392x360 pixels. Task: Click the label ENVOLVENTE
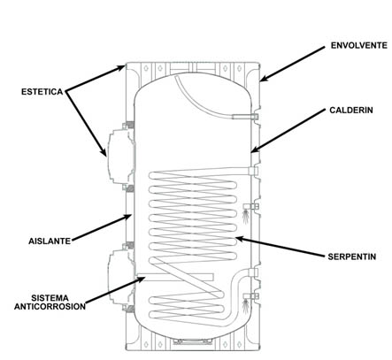point(358,45)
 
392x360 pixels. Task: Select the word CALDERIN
point(351,111)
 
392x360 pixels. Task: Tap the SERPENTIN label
point(352,257)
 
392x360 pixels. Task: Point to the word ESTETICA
point(42,92)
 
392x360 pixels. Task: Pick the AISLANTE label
point(50,241)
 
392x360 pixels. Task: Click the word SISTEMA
point(50,298)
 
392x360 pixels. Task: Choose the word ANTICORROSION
point(50,307)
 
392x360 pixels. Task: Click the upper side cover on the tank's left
point(121,157)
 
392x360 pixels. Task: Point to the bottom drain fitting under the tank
point(193,341)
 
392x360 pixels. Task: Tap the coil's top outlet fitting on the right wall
point(253,171)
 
